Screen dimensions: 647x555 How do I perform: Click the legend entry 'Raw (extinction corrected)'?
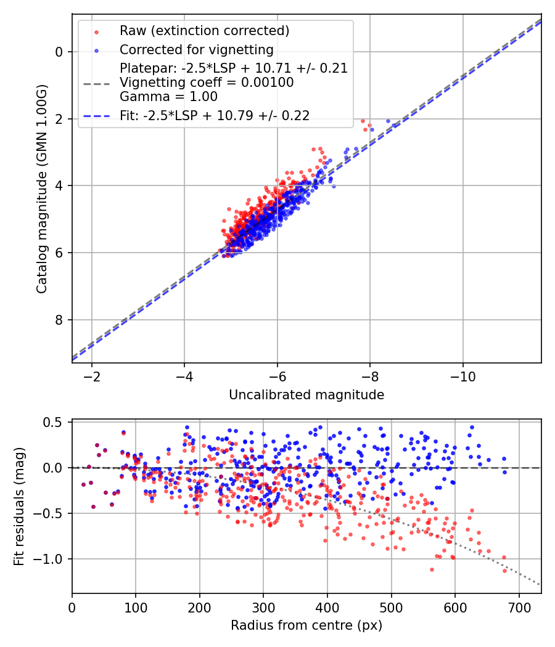tap(204, 31)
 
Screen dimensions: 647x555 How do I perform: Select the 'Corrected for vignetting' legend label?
tap(196, 49)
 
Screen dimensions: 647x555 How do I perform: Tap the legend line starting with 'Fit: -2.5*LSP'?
tap(215, 115)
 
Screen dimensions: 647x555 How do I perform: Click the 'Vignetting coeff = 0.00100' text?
tap(207, 83)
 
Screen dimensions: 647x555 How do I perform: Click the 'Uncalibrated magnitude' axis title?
tap(306, 395)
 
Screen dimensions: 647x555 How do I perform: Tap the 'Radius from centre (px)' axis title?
tap(306, 625)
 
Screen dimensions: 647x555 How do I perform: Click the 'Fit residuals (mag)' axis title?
tap(19, 507)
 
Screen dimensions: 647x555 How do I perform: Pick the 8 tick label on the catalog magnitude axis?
tap(60, 320)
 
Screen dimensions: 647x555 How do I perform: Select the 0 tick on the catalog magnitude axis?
tap(60, 52)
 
